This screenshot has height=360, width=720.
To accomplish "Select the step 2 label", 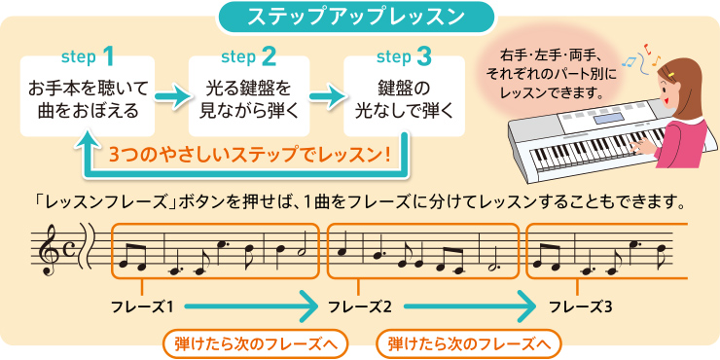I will click(x=248, y=54).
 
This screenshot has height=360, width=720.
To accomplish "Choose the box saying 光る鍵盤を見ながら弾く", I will click(x=246, y=100).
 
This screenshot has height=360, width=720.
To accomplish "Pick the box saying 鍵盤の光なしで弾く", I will click(x=403, y=100).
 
